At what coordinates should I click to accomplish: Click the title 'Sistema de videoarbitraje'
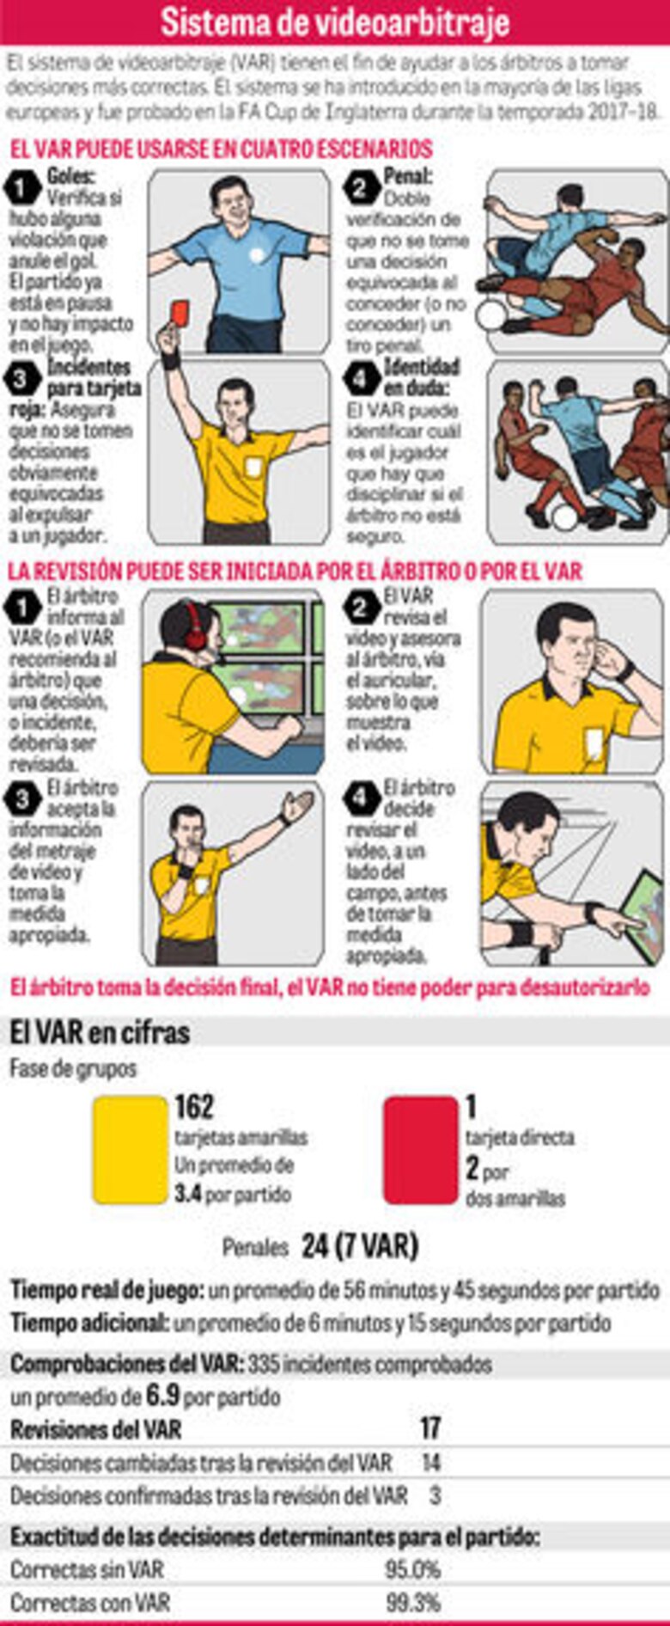click(335, 22)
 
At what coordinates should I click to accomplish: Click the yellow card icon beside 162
click(130, 1149)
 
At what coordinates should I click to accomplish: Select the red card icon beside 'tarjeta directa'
click(420, 1149)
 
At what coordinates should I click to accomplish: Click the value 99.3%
click(412, 1603)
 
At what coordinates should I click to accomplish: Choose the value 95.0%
click(412, 1570)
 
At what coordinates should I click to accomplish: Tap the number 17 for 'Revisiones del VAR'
click(429, 1429)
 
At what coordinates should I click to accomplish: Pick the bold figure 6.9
click(162, 1396)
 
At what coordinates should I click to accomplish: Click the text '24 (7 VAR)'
click(359, 1246)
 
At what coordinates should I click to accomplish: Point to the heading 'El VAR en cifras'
click(100, 1032)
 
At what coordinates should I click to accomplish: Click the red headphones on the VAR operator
click(195, 625)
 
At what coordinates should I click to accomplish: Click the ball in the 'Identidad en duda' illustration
click(564, 517)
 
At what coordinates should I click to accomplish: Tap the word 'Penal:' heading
click(408, 177)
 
